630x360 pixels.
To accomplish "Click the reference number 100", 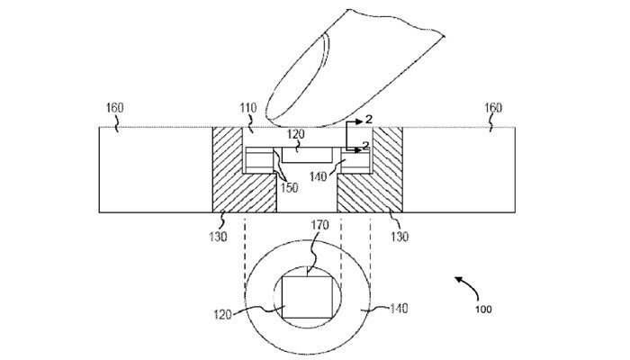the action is point(483,310).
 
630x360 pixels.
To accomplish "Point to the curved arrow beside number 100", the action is point(470,285).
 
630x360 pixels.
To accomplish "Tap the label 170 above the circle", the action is point(319,225).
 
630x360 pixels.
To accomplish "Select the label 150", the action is point(289,187).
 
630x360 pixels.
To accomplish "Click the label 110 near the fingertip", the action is point(248,108).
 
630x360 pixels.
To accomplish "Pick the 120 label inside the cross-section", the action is point(296,134).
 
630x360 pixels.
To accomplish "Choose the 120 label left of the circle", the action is point(222,314).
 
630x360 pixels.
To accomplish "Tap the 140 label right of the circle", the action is point(399,308).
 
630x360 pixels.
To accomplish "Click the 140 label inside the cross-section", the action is point(319,176).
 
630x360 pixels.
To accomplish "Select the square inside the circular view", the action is point(308,297).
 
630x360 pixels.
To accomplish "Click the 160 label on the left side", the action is point(115,108).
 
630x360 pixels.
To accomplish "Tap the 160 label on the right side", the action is point(492,108).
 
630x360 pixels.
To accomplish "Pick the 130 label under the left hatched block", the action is point(218,236).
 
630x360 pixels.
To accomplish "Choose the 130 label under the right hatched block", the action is point(400,236).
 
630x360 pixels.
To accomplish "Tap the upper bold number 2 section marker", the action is point(368,119).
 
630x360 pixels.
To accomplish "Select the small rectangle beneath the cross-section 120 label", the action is point(308,155).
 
